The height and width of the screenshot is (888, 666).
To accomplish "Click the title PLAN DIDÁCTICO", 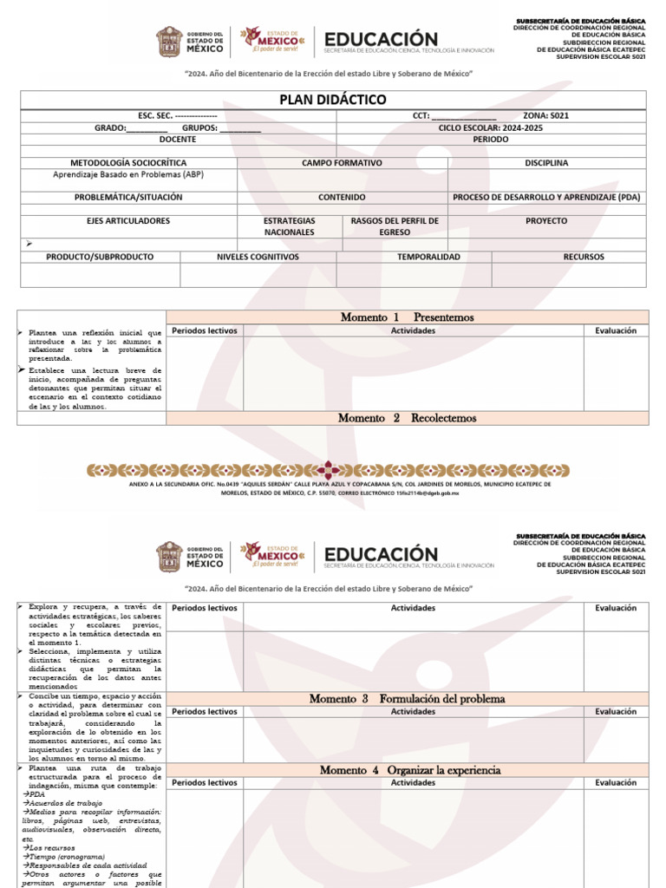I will click(x=333, y=100).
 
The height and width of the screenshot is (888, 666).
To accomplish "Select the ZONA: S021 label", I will click(x=546, y=115).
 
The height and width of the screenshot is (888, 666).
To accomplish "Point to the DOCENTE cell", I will click(x=178, y=139).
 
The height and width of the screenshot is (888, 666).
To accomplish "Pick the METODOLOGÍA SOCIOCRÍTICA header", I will click(x=128, y=162).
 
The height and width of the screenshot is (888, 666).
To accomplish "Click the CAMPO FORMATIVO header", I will click(x=342, y=162).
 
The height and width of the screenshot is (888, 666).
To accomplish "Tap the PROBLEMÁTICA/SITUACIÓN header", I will click(x=128, y=197).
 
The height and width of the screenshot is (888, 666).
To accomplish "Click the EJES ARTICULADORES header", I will click(x=128, y=221).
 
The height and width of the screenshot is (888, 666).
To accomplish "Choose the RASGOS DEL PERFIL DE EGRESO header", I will click(x=395, y=226).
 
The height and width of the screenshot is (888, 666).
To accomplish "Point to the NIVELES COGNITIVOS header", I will click(x=258, y=257).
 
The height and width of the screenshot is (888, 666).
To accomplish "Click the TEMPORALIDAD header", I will click(x=414, y=257).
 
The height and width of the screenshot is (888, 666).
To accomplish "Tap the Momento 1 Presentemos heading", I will click(x=407, y=317).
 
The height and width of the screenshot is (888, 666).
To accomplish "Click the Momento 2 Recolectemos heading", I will click(x=407, y=418).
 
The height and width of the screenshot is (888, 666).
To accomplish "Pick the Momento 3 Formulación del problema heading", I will click(x=407, y=698).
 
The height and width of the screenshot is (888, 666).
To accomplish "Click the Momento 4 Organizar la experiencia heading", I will click(x=407, y=769).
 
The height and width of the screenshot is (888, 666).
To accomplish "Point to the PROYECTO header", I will click(x=546, y=221).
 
